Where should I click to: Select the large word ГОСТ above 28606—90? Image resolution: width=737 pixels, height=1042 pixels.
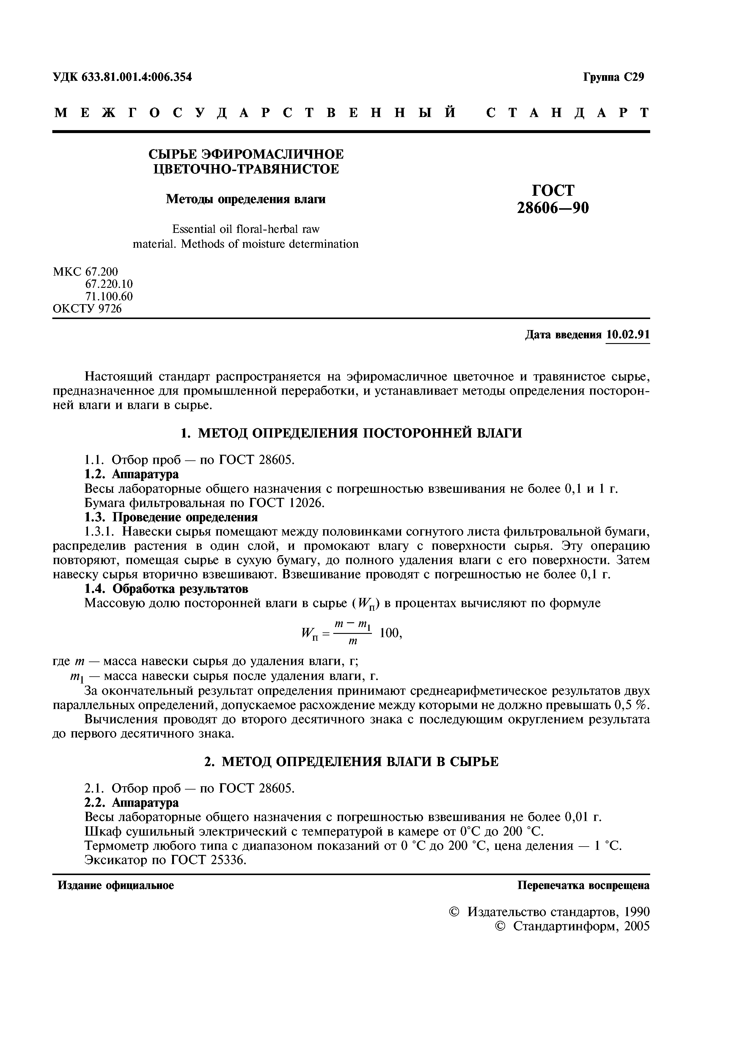click(x=553, y=190)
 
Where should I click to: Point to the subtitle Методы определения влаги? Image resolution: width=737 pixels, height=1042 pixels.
click(x=245, y=199)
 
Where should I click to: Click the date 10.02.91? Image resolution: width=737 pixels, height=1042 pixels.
click(x=628, y=335)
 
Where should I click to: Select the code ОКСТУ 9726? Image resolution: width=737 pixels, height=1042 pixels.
click(x=87, y=309)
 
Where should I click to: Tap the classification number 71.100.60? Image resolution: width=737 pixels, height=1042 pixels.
click(x=109, y=296)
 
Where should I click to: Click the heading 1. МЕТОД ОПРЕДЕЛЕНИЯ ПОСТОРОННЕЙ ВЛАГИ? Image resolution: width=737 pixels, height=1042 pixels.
click(x=351, y=433)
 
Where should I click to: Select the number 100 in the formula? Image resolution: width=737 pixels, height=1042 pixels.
click(x=389, y=633)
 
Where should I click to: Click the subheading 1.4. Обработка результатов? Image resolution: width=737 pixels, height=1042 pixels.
click(x=167, y=589)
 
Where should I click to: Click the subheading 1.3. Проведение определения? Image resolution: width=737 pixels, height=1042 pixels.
click(x=171, y=517)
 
